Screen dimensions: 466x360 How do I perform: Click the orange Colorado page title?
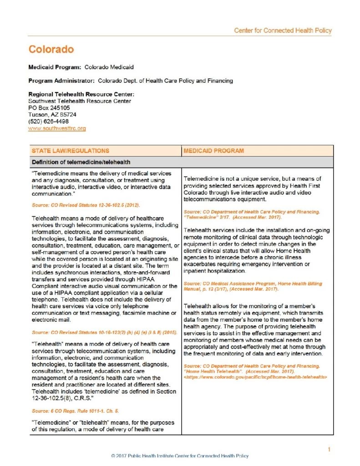tap(51, 49)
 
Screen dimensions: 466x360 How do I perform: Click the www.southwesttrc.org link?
tap(57, 129)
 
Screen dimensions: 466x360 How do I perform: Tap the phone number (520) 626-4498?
tap(49, 122)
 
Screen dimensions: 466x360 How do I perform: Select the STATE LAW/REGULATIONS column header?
tap(70, 151)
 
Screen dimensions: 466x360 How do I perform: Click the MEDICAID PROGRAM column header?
tap(213, 151)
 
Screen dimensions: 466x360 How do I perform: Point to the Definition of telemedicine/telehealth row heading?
tap(81, 162)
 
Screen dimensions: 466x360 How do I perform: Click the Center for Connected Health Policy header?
tap(283, 30)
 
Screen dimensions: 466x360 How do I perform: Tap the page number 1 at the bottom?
tap(329, 450)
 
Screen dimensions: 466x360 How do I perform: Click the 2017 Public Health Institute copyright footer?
tap(180, 456)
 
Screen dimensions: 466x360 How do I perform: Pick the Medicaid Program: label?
tap(55, 67)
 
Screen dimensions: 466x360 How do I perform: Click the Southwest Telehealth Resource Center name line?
tap(80, 101)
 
